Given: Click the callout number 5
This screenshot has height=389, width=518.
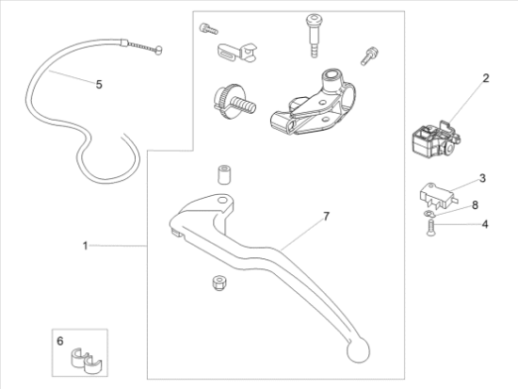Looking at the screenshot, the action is tap(99, 85).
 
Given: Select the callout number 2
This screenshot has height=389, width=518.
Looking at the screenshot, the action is tap(485, 78).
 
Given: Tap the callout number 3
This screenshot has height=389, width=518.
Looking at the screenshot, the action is tap(482, 178).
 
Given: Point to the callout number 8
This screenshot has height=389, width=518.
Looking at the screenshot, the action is tap(475, 205).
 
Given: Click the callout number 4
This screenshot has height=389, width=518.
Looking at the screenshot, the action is tap(485, 224).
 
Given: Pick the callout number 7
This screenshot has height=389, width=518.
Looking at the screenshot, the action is tap(326, 217).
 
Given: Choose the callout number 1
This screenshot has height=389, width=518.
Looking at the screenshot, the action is tap(85, 246).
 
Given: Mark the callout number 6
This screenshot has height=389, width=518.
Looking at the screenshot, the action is tap(60, 341).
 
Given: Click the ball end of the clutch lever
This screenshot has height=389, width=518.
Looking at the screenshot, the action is tap(358, 350).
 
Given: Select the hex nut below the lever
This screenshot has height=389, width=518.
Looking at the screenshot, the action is tap(219, 284).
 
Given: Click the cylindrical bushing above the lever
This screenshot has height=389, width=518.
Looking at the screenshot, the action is tap(223, 175).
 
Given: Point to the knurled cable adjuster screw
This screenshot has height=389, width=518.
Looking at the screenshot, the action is tap(233, 101).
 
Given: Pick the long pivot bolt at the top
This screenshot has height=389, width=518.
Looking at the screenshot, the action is tap(315, 36).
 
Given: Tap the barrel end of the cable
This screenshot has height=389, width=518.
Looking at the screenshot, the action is tap(158, 50).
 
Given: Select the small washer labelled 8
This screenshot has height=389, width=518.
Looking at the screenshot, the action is tap(429, 214).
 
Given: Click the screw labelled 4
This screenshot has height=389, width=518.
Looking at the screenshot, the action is tap(430, 228).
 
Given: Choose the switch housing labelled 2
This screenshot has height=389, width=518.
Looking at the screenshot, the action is tap(436, 140).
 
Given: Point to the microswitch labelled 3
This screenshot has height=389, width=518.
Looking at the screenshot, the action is tap(438, 195).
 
